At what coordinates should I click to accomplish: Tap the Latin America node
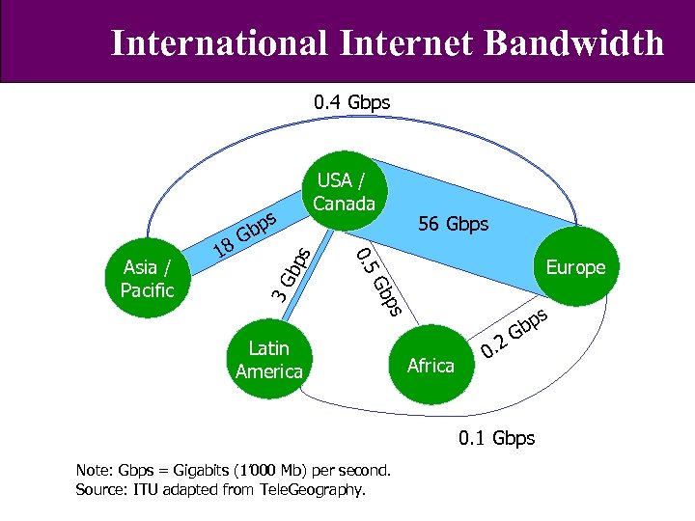(268, 359)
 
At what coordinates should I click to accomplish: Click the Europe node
(575, 267)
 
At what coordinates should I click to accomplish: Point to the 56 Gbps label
(453, 224)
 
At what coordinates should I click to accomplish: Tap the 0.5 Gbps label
(377, 281)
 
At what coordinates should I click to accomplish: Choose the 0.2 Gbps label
(515, 332)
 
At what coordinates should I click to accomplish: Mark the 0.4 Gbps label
(351, 101)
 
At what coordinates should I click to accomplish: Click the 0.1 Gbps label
(496, 438)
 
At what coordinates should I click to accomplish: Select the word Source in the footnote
(99, 490)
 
